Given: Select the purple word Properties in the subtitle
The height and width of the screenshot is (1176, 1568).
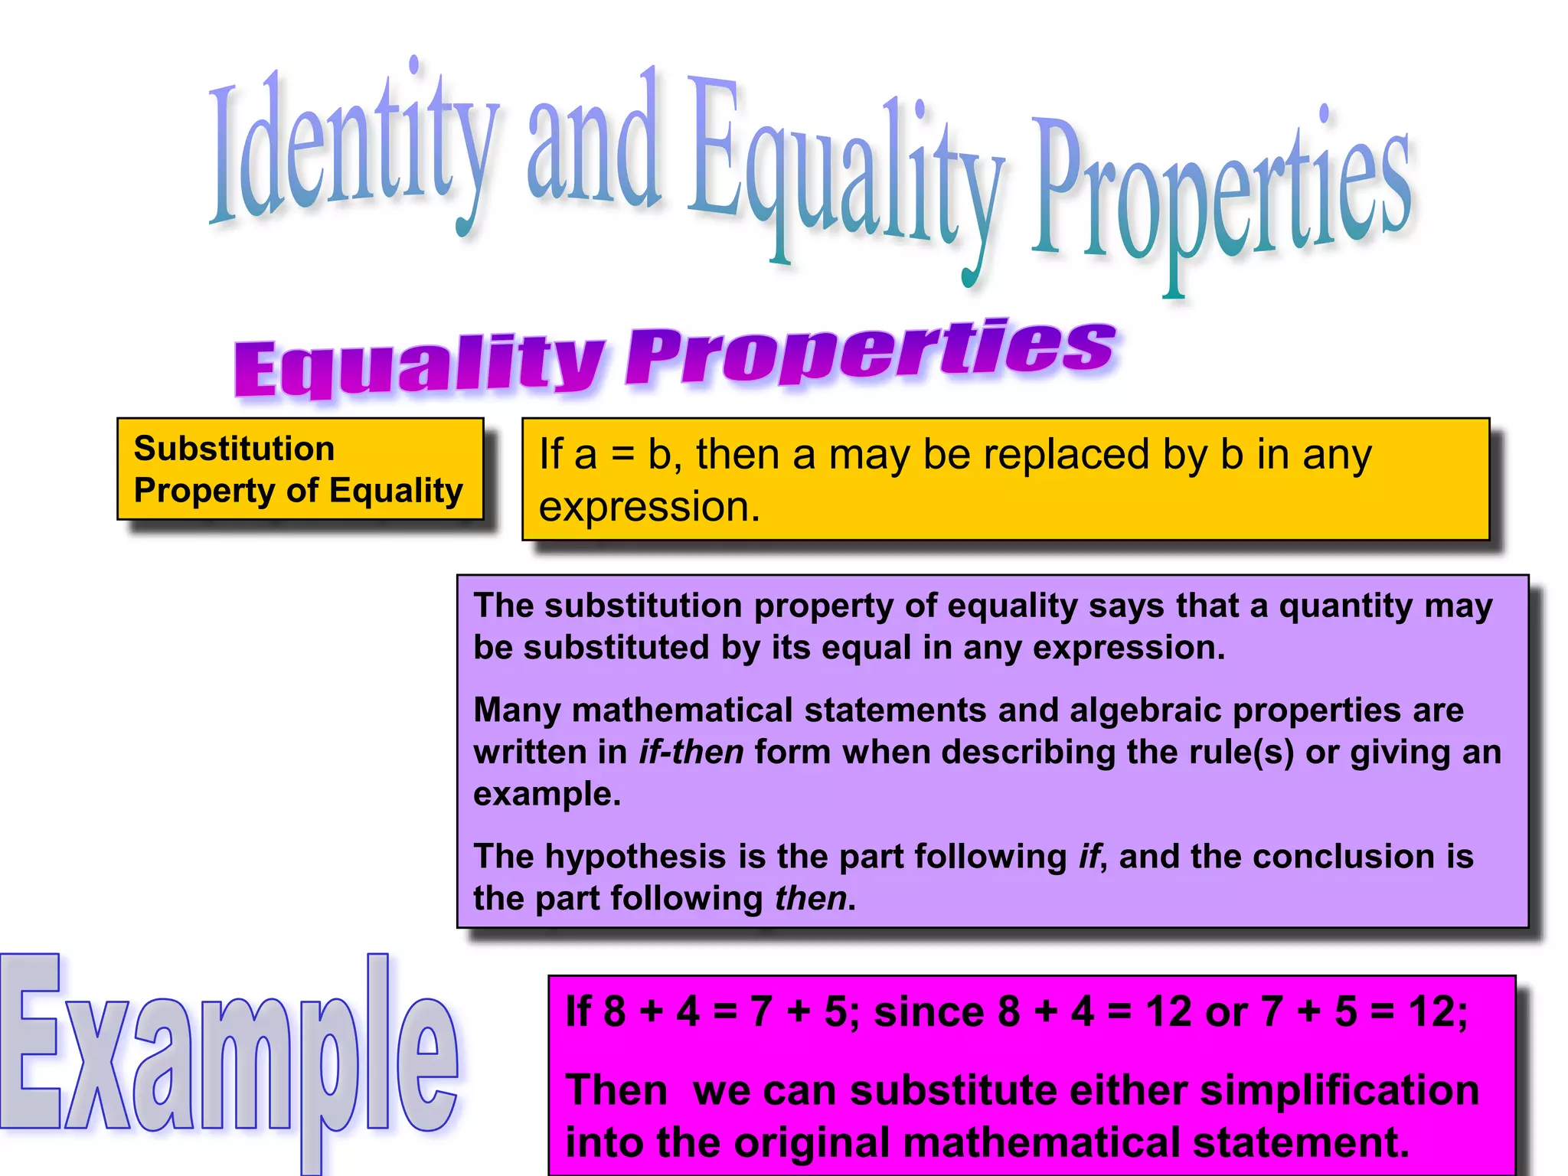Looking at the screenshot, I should coord(869,352).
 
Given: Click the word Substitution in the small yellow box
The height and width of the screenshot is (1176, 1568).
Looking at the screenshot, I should coord(234,449).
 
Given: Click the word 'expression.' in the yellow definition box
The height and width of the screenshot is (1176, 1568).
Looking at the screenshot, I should coord(649,507).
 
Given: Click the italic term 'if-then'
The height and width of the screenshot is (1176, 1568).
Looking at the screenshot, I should coord(691,753).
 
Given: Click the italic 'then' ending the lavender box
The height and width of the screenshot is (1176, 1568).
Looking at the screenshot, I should coord(810,899).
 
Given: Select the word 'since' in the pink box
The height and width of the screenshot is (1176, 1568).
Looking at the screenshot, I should coord(929,1012).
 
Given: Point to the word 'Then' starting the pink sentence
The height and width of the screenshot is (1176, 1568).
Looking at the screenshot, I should coord(616,1090).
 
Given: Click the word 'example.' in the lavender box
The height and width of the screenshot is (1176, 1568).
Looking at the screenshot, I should coord(547,795).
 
